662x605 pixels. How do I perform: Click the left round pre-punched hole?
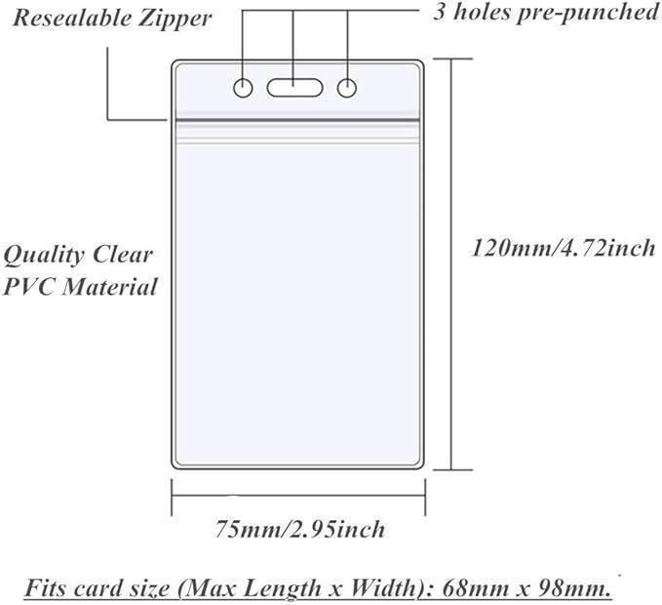243,89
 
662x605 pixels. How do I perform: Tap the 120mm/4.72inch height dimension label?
564,248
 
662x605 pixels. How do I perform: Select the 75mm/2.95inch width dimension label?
299,530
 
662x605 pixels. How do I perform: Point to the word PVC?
28,288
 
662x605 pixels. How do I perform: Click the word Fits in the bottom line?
46,589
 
